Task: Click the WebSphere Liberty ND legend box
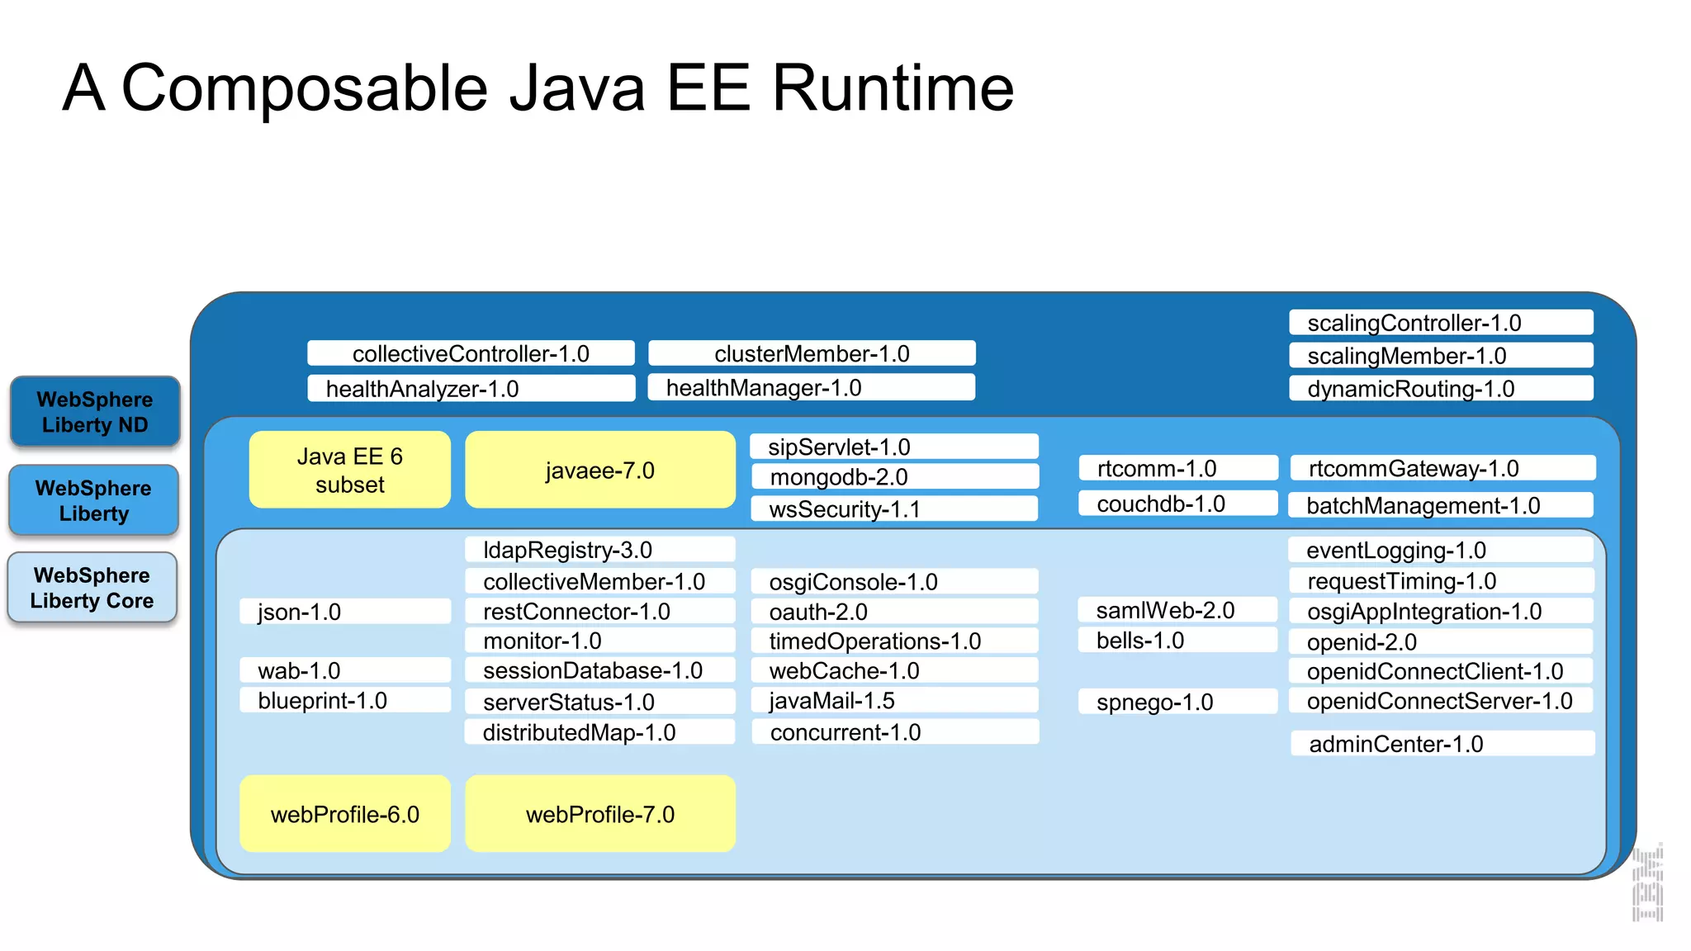[95, 412]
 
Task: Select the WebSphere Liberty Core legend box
[92, 588]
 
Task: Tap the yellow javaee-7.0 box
[600, 471]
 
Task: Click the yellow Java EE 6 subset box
[350, 471]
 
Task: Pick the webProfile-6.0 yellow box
[345, 814]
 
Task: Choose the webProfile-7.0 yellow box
[600, 814]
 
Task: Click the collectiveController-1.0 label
[471, 353]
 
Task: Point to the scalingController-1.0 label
[1441, 323]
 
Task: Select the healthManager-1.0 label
[811, 388]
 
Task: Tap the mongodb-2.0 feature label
[894, 477]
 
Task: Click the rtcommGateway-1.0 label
[1442, 469]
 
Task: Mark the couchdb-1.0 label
[1177, 504]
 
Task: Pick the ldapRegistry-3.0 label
[599, 550]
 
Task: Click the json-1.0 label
[345, 612]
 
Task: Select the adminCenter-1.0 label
[1442, 744]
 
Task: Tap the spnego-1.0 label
[1177, 702]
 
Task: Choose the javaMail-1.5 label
[894, 701]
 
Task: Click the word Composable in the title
[306, 89]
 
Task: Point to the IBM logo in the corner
[1647, 883]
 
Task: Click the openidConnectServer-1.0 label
[1441, 701]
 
